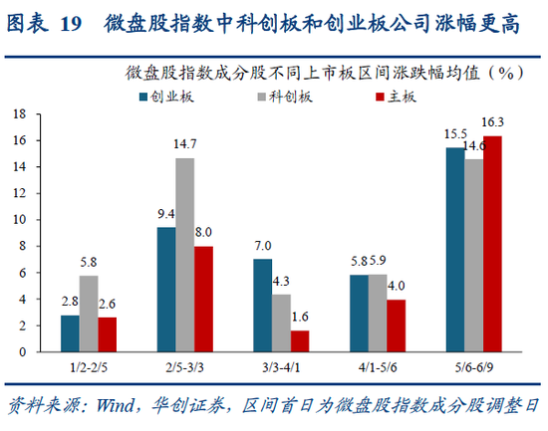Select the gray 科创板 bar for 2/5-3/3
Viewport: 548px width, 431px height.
[x=185, y=254]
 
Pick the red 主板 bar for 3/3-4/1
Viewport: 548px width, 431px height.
[x=300, y=340]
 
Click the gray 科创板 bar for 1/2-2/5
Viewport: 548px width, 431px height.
[x=88, y=313]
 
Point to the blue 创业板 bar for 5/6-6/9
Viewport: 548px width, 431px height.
[x=454, y=249]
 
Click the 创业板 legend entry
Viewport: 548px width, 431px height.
[x=170, y=97]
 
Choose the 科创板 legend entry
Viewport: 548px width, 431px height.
[x=284, y=97]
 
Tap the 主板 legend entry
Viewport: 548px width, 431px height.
[x=392, y=97]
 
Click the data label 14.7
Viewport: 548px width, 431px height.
[x=185, y=145]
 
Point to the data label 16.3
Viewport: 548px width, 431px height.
[x=492, y=122]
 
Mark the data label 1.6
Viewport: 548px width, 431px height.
[x=300, y=319]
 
